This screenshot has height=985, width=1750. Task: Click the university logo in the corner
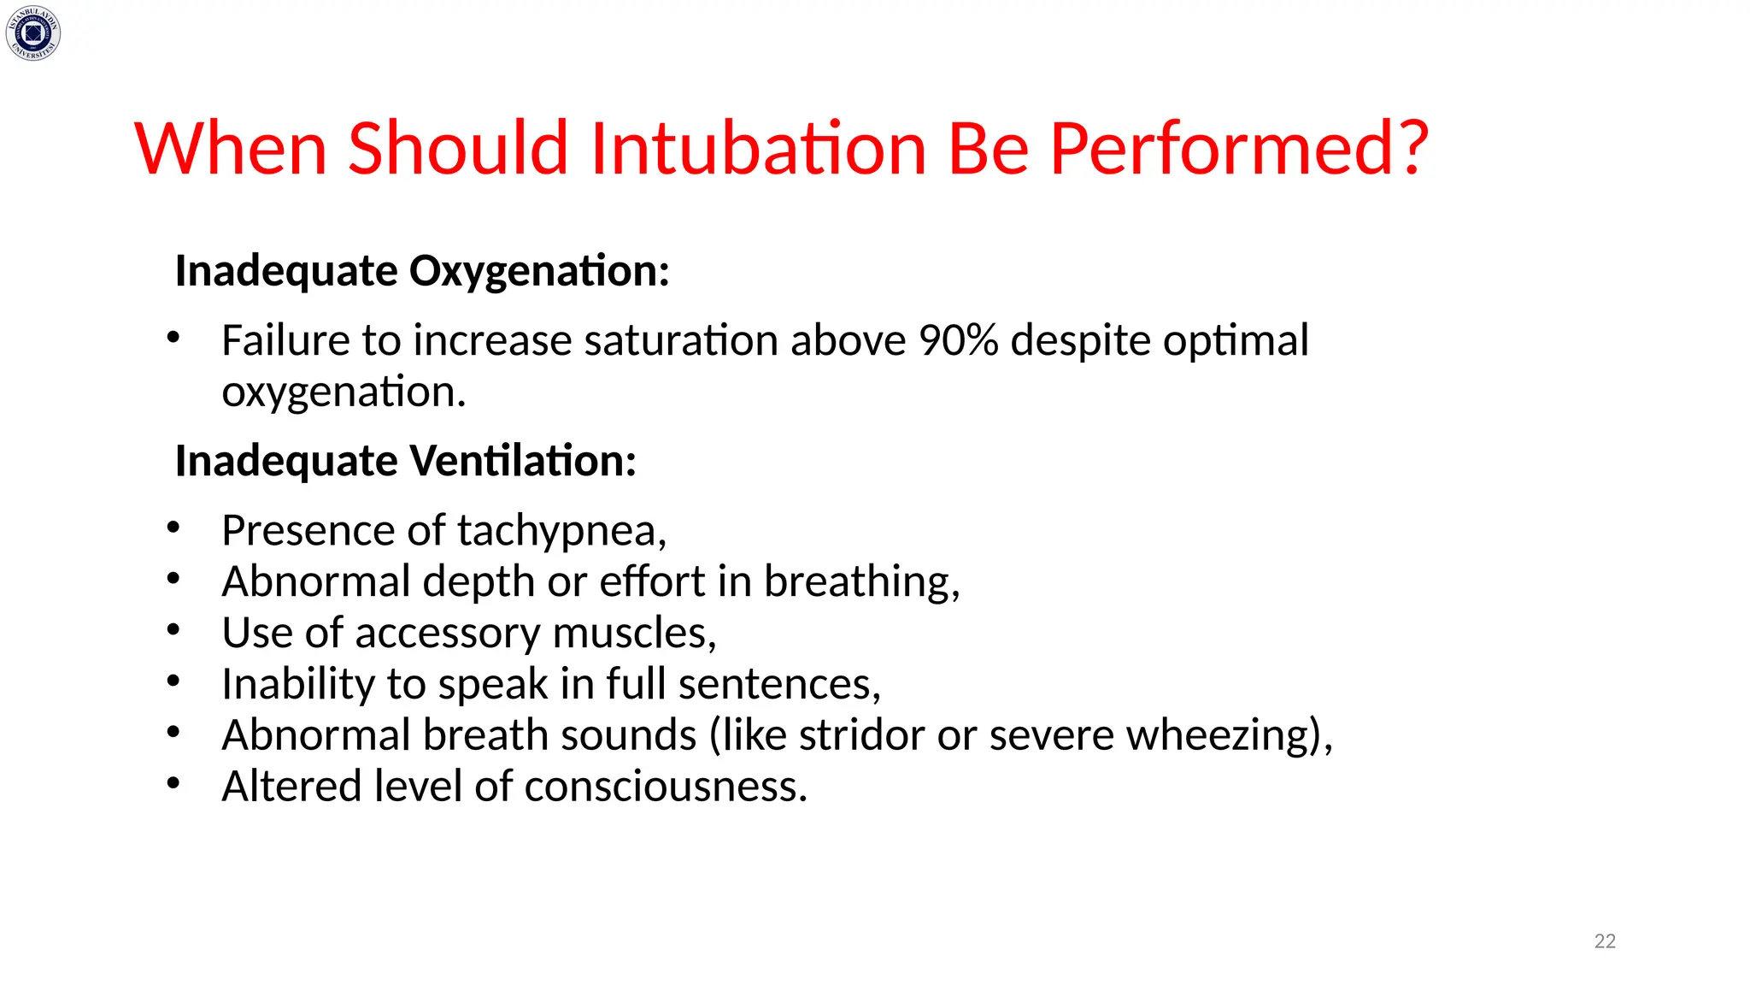(33, 33)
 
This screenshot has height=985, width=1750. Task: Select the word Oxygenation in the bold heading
(538, 271)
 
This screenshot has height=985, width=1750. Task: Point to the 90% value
(958, 340)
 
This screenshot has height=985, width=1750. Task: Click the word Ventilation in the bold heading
(523, 461)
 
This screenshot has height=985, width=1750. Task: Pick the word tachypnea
(561, 531)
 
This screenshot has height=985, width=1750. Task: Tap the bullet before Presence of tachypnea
(173, 528)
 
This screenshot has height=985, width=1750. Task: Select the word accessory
(448, 634)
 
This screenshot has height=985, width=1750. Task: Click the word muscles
(633, 634)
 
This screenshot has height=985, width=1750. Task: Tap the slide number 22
(1605, 941)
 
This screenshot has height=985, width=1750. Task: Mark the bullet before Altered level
(173, 783)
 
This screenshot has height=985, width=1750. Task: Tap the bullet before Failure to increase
(173, 338)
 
